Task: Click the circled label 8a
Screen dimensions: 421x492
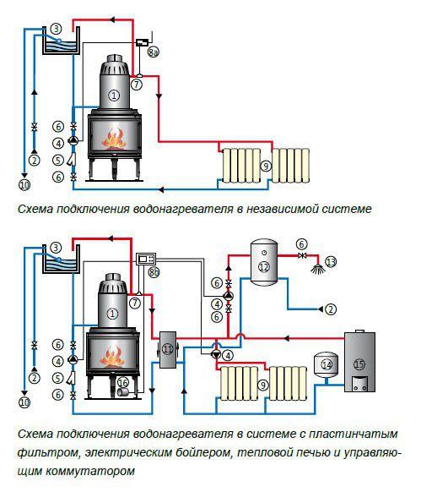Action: click(153, 52)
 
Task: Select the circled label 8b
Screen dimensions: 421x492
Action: click(154, 272)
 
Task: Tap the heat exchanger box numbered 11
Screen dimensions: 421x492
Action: click(168, 349)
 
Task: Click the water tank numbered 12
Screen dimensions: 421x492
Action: click(264, 262)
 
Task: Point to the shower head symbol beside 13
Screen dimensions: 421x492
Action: click(317, 269)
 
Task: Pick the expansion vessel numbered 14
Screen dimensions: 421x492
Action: click(327, 364)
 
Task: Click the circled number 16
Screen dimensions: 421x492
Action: click(123, 382)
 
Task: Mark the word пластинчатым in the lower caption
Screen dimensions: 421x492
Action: click(354, 435)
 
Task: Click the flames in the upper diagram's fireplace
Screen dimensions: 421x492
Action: click(114, 139)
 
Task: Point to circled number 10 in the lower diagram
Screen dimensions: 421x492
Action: click(24, 402)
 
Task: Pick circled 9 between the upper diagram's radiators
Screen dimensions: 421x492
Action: click(266, 166)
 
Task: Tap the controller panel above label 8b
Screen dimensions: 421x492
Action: click(146, 259)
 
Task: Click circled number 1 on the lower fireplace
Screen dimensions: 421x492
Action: click(112, 313)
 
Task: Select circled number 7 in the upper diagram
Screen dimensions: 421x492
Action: click(137, 85)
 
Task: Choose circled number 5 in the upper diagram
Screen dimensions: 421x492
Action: click(58, 160)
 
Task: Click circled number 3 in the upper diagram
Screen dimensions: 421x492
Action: click(57, 30)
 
